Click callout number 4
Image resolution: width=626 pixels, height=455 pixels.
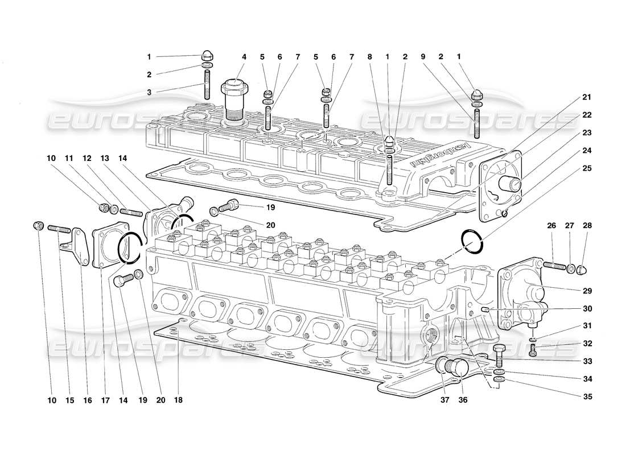coord(244,57)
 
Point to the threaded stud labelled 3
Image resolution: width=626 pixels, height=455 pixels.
coord(208,83)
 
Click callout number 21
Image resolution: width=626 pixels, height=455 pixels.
coord(587,98)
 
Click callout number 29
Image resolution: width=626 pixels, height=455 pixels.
coord(587,291)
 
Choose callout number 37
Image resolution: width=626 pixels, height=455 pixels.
coord(445,400)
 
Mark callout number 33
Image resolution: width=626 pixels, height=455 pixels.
coord(587,361)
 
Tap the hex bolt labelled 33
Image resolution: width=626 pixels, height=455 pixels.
coord(499,355)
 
